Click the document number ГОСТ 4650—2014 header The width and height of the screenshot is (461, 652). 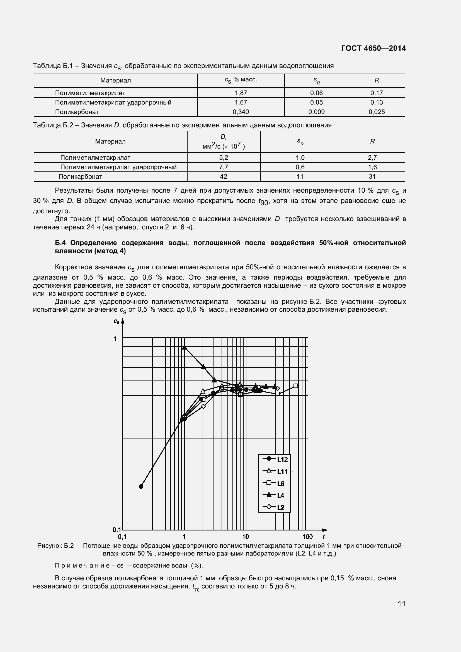373,48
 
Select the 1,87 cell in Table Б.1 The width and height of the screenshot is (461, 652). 241,93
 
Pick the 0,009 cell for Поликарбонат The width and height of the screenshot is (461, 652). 316,112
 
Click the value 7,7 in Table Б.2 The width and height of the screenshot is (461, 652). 224,167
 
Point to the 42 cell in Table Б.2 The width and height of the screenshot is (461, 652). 224,177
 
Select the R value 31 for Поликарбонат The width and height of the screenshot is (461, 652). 372,177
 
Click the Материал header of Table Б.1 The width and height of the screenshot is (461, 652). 116,81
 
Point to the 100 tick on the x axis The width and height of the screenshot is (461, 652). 307,537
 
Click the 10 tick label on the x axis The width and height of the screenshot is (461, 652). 246,537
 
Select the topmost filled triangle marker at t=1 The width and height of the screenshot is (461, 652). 185,347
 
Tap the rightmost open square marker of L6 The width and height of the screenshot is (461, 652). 295,386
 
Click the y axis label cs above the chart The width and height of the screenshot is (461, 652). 117,321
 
